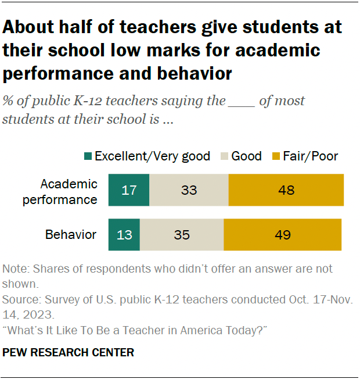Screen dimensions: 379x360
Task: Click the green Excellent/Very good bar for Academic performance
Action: pyautogui.click(x=129, y=190)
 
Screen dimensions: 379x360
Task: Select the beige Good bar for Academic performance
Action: pyautogui.click(x=189, y=190)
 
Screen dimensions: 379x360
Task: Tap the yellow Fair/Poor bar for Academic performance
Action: pyautogui.click(x=286, y=190)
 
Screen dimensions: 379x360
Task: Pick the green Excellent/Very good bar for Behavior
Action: pyautogui.click(x=124, y=235)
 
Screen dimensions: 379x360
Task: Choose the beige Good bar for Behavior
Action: pyautogui.click(x=182, y=235)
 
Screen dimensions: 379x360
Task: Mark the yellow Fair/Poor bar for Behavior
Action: pyautogui.click(x=283, y=235)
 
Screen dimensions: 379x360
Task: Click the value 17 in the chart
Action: pyautogui.click(x=129, y=190)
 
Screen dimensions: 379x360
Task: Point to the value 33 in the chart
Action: pyautogui.click(x=189, y=190)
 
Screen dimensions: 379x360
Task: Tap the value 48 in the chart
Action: pyautogui.click(x=286, y=190)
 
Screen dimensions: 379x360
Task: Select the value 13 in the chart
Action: pyautogui.click(x=124, y=235)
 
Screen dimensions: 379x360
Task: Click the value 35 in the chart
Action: pyautogui.click(x=182, y=235)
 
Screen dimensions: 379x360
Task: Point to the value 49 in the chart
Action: pyautogui.click(x=283, y=235)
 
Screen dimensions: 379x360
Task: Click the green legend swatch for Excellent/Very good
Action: pyautogui.click(x=88, y=156)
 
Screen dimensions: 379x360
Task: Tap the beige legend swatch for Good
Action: pyautogui.click(x=225, y=156)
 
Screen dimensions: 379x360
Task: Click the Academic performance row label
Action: pyautogui.click(x=69, y=191)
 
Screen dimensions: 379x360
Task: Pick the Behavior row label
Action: pyautogui.click(x=71, y=235)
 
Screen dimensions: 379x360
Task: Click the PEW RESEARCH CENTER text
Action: pyautogui.click(x=69, y=352)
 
